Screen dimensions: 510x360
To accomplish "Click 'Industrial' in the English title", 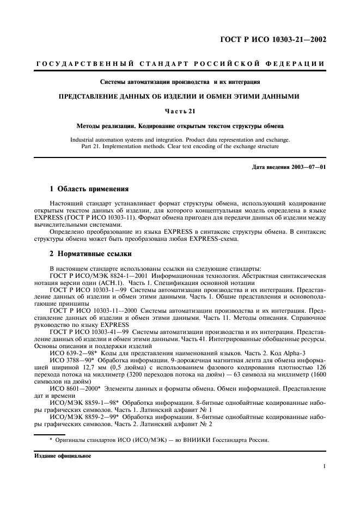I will (x=84, y=139).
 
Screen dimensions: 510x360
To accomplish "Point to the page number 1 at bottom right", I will (x=325, y=466).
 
